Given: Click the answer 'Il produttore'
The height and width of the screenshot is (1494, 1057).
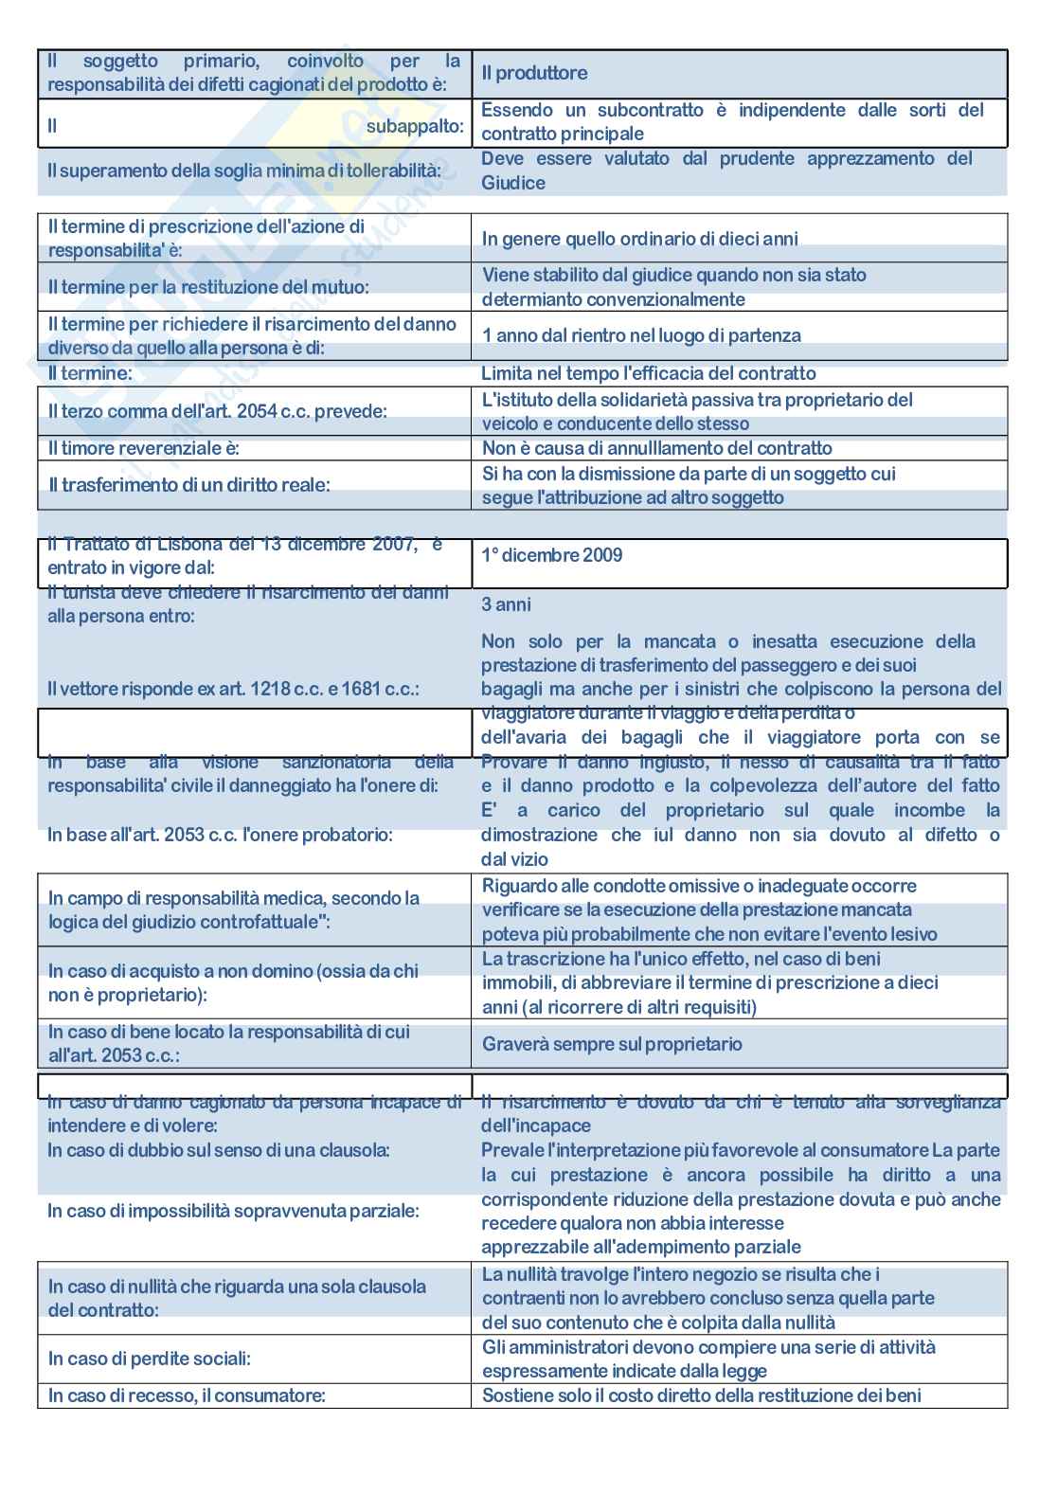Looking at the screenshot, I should coord(534,73).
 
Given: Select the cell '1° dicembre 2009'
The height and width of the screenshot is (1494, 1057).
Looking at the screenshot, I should coord(552,555).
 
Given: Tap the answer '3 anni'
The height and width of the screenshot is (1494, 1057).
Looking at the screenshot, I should coord(507,604).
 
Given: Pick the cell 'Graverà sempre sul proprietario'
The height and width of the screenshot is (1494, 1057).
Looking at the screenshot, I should coord(612,1044).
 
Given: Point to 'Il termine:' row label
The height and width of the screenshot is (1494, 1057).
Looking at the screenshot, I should coord(90,373).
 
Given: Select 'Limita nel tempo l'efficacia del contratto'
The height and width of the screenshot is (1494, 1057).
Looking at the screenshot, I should coord(648,373).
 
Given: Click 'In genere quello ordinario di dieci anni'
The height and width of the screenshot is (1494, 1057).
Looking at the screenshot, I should coord(639,239).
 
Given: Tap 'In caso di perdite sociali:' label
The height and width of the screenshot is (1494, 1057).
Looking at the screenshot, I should coord(150,1359).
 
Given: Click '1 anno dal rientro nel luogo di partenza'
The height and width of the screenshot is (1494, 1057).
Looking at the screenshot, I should coord(641,335).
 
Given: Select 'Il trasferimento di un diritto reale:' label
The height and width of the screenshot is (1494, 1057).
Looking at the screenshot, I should coord(189,485).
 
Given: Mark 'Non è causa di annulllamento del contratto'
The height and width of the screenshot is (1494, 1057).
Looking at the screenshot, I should coord(656,448).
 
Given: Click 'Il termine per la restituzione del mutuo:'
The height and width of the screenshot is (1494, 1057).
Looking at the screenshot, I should coord(208,287).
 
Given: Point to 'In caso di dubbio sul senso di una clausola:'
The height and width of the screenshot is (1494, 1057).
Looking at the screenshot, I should coord(219,1150).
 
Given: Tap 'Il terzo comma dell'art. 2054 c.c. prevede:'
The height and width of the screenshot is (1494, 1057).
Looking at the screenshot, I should coord(218,411).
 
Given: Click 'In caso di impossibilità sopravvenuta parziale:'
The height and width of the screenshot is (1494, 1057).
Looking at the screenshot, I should coord(233,1211).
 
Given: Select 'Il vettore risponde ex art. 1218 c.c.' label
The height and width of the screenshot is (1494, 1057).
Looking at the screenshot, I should coord(233,689).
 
